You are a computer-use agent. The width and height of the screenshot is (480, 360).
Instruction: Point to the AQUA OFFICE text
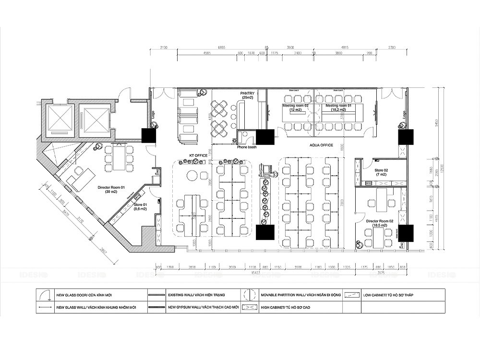coord(322,144)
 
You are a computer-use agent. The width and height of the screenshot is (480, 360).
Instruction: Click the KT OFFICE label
coord(198,156)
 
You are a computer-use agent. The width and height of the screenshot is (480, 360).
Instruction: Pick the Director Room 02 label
coord(380,222)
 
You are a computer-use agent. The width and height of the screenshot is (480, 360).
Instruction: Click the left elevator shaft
coord(60,118)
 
